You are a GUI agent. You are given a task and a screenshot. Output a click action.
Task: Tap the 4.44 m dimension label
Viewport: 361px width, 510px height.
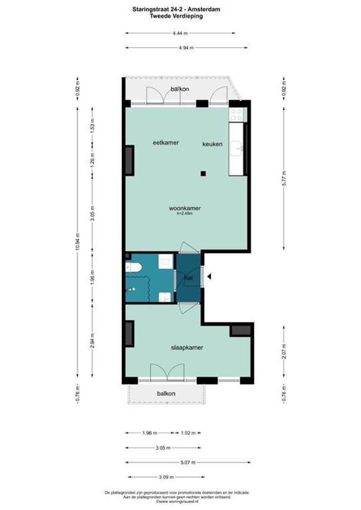click(180, 33)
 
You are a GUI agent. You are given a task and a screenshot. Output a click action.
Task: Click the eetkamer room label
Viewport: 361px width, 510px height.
click(165, 143)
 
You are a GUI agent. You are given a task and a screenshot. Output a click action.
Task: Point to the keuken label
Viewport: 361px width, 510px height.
click(213, 144)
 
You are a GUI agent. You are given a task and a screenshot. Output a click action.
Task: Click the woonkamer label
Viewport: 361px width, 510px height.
click(185, 208)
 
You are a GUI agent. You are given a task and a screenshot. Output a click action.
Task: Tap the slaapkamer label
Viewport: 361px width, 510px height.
click(187, 347)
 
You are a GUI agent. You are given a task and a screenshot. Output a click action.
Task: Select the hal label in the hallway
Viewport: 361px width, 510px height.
click(188, 279)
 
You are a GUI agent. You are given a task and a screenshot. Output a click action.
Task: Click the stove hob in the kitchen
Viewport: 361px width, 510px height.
click(236, 114)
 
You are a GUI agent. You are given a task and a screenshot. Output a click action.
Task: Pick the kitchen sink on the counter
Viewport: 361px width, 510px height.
click(236, 149)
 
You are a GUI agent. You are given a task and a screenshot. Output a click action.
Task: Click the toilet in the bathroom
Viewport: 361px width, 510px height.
click(134, 268)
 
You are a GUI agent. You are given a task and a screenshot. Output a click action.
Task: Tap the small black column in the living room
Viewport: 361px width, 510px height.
click(202, 173)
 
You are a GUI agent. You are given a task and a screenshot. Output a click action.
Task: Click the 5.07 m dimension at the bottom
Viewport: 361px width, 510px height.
click(188, 463)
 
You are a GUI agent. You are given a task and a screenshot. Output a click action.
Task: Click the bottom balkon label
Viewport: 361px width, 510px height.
click(166, 393)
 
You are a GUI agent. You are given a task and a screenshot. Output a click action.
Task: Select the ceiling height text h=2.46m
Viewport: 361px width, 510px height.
click(185, 213)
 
